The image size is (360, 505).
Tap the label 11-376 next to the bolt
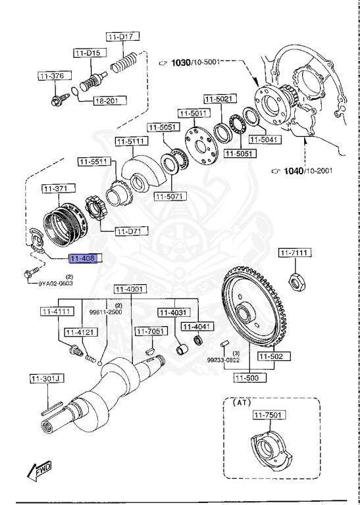[53, 76]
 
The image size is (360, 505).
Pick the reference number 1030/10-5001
[194, 62]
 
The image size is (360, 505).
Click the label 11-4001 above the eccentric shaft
[130, 289]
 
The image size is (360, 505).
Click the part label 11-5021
[218, 99]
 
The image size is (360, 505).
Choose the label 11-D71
[132, 231]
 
